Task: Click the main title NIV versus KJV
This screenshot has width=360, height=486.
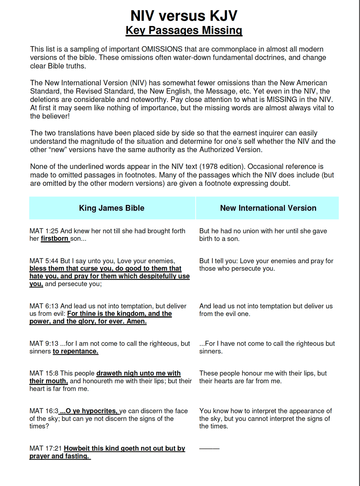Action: click(x=184, y=16)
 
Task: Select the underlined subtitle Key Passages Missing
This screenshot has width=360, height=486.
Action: click(x=184, y=30)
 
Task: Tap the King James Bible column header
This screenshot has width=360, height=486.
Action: click(x=112, y=208)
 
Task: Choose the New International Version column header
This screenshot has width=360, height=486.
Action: click(x=268, y=208)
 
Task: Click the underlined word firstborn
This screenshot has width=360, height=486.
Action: click(x=55, y=239)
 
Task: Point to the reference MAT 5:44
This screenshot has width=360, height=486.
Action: click(x=44, y=261)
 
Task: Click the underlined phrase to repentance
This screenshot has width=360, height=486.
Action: click(x=75, y=351)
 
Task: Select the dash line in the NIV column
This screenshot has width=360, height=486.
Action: click(x=209, y=448)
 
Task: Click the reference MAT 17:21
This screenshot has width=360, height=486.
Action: click(x=46, y=448)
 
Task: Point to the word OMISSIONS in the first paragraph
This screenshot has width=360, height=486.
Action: click(x=162, y=49)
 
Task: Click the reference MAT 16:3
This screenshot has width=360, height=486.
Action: click(x=44, y=411)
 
